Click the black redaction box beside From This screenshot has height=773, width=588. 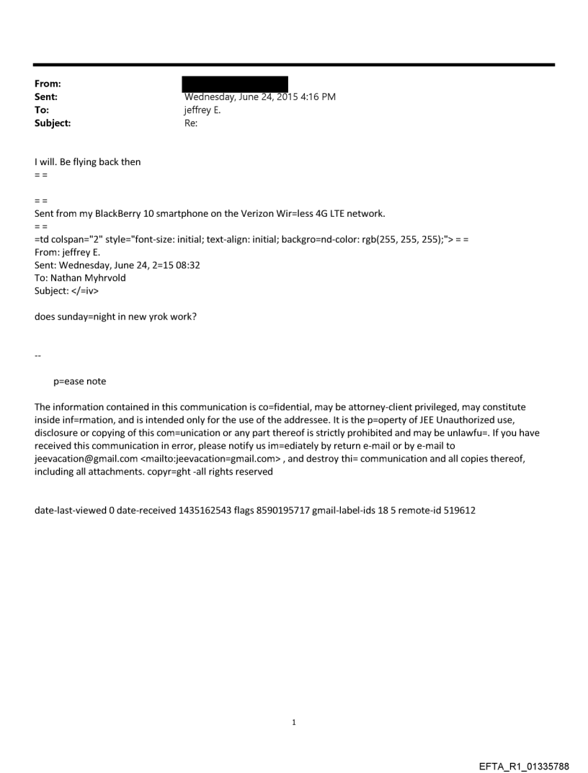(236, 84)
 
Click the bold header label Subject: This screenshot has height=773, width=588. (54, 123)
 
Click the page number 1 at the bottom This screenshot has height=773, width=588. (294, 721)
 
